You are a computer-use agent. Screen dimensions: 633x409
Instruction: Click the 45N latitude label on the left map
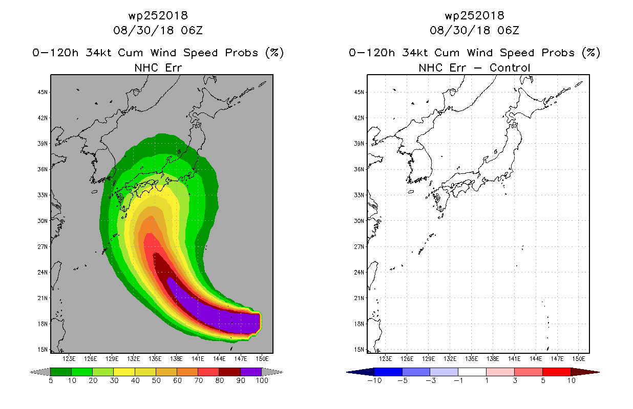pos(43,92)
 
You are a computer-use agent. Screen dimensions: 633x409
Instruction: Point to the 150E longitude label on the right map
pos(579,359)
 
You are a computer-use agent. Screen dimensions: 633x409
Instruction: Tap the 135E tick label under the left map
pos(155,359)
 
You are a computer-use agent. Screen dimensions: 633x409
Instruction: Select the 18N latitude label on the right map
pos(359,324)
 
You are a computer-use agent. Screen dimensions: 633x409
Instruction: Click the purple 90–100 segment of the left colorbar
pos(251,372)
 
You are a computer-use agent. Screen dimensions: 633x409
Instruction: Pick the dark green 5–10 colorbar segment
pos(61,372)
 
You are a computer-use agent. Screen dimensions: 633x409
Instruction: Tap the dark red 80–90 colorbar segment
pos(230,372)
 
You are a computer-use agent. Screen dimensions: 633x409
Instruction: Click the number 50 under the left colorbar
pos(156,380)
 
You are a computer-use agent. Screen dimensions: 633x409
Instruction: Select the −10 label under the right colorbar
pos(374,380)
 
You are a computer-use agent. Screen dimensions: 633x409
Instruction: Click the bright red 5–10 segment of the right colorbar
pos(557,372)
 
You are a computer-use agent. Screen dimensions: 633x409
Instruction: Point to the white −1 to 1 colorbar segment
pos(472,372)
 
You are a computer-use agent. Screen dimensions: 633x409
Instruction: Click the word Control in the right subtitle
pos(510,67)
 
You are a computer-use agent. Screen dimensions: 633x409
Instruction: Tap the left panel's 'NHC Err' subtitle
pos(158,67)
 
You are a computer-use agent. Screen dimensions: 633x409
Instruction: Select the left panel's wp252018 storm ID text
pos(158,16)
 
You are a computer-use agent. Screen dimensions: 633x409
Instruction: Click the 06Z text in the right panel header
pos(509,30)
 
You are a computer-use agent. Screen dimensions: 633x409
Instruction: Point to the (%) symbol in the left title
pos(275,53)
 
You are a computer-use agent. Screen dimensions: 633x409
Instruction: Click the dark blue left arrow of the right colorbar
pos(361,372)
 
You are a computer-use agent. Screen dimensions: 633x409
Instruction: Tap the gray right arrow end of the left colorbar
pos(272,372)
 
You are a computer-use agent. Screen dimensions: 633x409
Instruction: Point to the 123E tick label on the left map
pos(69,359)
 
